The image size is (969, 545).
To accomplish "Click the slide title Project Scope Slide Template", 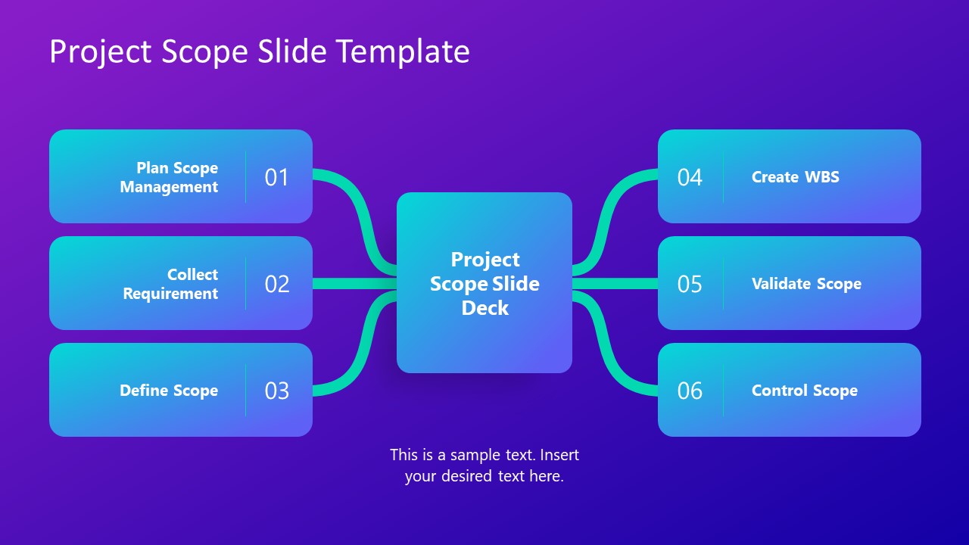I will pyautogui.click(x=259, y=52).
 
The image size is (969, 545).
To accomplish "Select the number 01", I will pyautogui.click(x=277, y=177).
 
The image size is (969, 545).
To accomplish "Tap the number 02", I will pyautogui.click(x=277, y=284).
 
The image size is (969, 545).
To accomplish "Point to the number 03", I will pyautogui.click(x=277, y=391).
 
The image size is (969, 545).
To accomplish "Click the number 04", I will pyautogui.click(x=690, y=177).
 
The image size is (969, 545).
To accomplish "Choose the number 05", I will pyautogui.click(x=690, y=284).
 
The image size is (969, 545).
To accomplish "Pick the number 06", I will pyautogui.click(x=690, y=391).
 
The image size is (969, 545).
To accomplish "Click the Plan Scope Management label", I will pyautogui.click(x=169, y=177).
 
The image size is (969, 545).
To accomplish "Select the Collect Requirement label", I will pyautogui.click(x=170, y=284).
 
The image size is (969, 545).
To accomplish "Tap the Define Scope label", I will pyautogui.click(x=169, y=391).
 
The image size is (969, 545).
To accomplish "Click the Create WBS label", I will pyautogui.click(x=795, y=177).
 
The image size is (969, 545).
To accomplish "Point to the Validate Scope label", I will pyautogui.click(x=806, y=284).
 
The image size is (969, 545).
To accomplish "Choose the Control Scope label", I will pyautogui.click(x=804, y=391).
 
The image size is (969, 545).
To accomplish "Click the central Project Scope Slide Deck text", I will pyautogui.click(x=484, y=283).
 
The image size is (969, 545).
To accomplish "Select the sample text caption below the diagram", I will pyautogui.click(x=484, y=466).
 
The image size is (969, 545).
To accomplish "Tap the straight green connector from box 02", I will pyautogui.click(x=354, y=284).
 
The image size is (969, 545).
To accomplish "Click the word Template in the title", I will pyautogui.click(x=403, y=52).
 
